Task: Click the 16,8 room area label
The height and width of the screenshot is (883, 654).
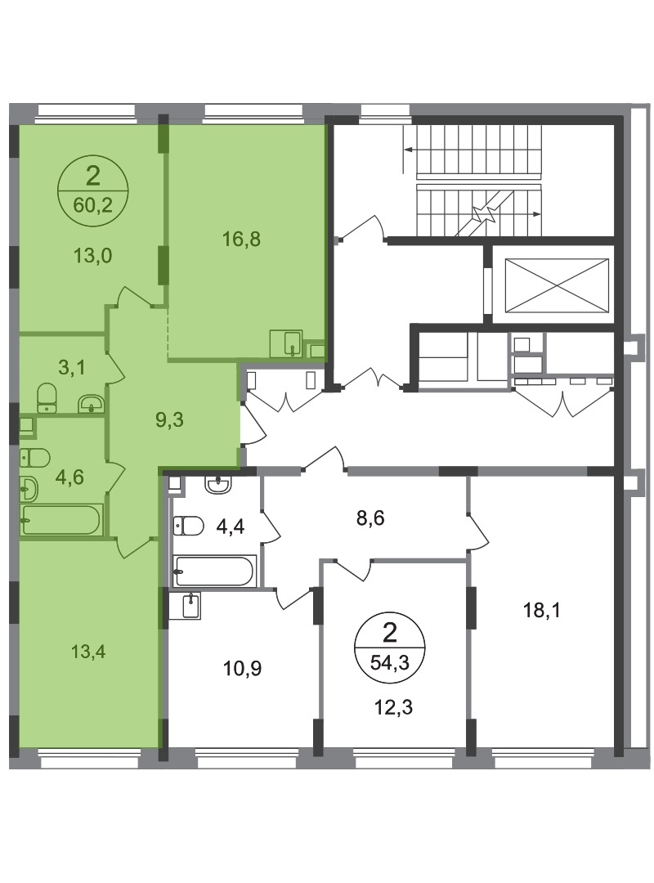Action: click(241, 240)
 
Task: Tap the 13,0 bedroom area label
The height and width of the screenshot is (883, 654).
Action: click(92, 256)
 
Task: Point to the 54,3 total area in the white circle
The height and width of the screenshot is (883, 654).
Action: click(389, 662)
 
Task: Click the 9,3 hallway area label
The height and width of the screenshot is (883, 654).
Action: click(169, 419)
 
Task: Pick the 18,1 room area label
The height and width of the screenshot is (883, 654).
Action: click(542, 610)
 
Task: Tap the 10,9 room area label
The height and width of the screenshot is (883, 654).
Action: click(242, 669)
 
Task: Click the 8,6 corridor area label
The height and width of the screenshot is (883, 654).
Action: click(370, 517)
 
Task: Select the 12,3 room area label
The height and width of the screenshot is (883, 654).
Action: click(394, 706)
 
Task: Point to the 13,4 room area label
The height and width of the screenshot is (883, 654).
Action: click(88, 652)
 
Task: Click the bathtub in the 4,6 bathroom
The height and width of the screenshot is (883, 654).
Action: click(61, 520)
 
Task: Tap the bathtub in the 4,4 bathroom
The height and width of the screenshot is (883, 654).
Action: click(215, 571)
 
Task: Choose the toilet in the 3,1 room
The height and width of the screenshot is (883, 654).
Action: click(47, 398)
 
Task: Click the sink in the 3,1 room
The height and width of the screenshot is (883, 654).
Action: click(91, 402)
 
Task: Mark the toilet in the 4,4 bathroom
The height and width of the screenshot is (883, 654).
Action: click(188, 526)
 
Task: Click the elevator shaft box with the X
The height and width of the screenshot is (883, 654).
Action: click(557, 285)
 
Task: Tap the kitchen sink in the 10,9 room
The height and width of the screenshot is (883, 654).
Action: click(192, 606)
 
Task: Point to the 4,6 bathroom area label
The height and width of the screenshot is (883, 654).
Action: click(69, 477)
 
